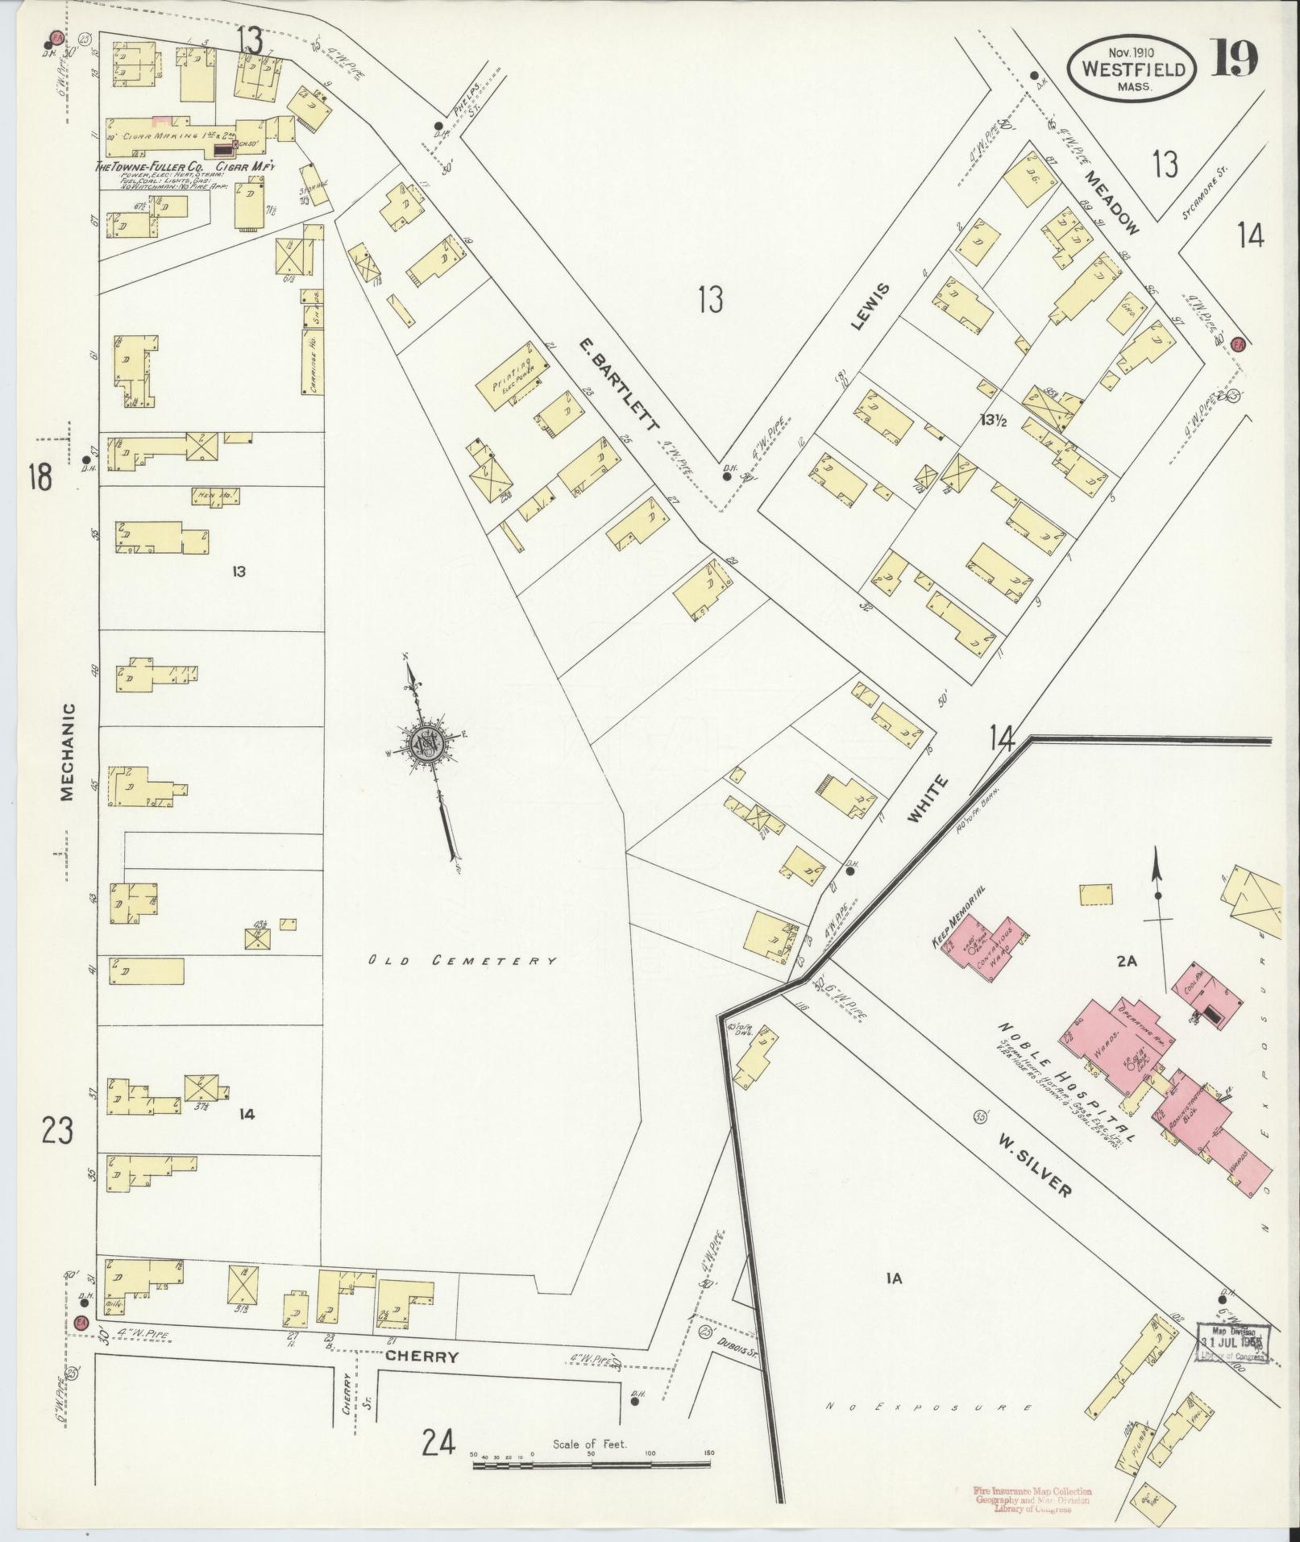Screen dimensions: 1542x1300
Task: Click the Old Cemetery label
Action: point(463,961)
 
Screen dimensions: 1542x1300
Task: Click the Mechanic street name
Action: point(67,751)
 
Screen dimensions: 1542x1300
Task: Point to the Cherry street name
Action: point(421,1357)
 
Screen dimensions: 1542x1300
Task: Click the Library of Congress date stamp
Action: point(1231,1344)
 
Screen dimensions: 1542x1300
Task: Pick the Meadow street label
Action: point(1111,202)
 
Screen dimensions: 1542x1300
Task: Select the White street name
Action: point(928,799)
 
